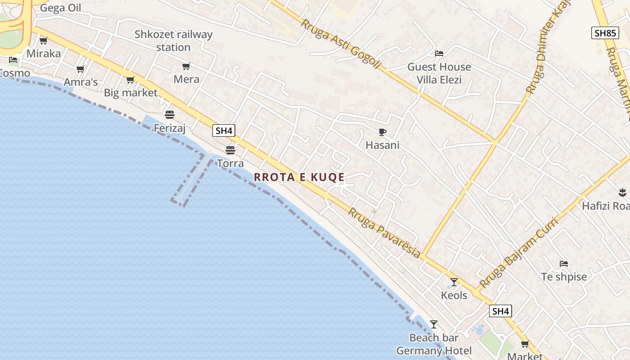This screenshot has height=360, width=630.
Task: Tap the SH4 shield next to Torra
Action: point(224,131)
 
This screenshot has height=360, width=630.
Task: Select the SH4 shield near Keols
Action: point(500,311)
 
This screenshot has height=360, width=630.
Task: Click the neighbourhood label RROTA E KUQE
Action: point(299,177)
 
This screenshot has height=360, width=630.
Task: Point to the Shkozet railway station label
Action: point(173,40)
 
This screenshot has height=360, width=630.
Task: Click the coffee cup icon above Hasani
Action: point(382,132)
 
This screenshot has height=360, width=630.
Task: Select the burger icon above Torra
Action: point(230,150)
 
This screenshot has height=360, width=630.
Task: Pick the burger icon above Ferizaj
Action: point(170,115)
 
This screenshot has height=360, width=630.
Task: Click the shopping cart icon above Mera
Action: point(186,67)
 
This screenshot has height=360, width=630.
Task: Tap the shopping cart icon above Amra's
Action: point(81,69)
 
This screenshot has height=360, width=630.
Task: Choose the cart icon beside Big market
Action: point(130,80)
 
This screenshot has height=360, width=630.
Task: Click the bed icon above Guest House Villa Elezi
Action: point(439,54)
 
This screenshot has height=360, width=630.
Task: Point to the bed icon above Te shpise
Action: point(563,263)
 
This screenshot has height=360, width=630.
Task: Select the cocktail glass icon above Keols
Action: point(454,282)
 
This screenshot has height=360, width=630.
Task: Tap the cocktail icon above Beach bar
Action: point(434,324)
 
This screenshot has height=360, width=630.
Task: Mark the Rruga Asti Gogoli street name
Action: point(340,44)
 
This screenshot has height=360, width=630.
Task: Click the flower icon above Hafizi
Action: point(623,193)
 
